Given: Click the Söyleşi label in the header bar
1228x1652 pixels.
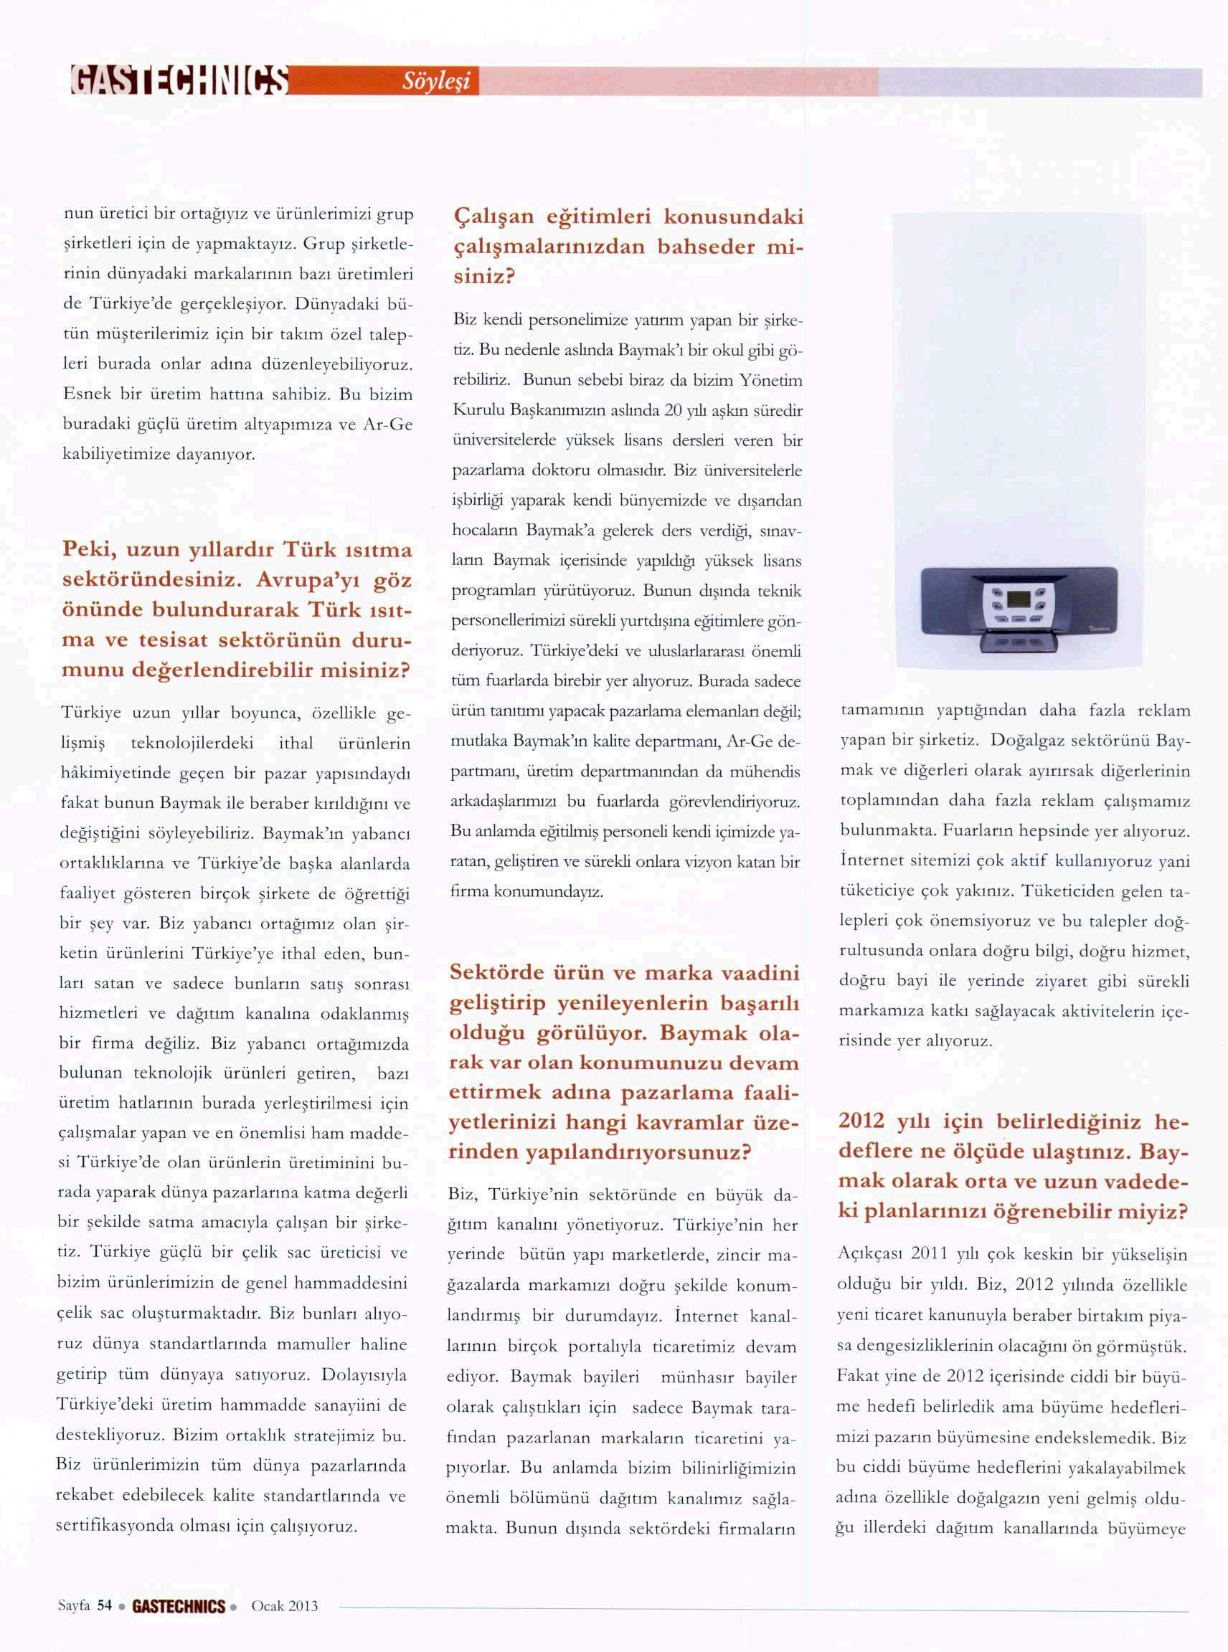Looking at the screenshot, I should click(x=436, y=81).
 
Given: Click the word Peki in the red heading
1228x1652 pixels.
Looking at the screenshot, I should click(x=88, y=550).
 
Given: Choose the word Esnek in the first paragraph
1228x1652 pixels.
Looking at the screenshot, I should click(x=85, y=394).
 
